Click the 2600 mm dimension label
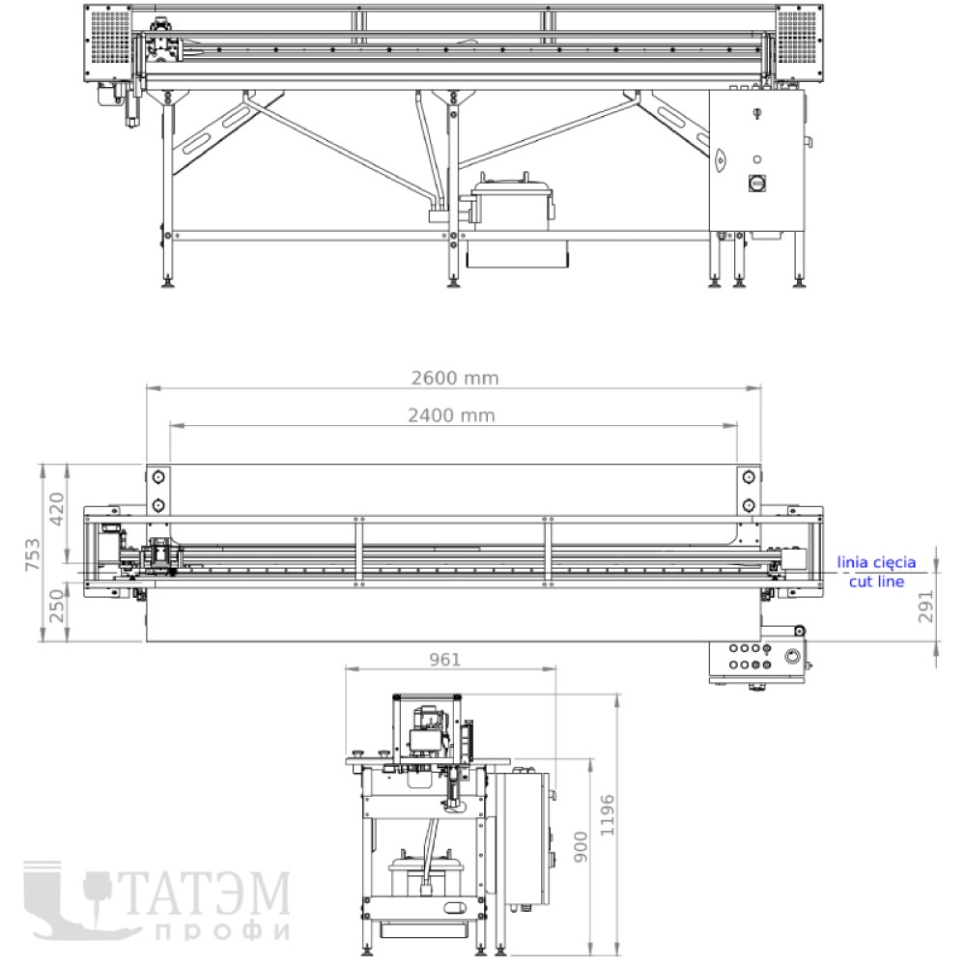455,378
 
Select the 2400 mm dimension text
451,415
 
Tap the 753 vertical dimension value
32,554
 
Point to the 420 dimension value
56,509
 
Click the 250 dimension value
56,607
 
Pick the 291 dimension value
925,607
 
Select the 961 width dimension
444,660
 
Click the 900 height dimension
581,846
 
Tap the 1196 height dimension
608,815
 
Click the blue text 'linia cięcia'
875,562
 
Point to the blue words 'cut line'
876,581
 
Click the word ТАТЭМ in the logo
206,892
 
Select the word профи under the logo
222,931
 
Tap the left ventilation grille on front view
110,37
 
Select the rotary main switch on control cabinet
756,183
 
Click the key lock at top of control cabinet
757,113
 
